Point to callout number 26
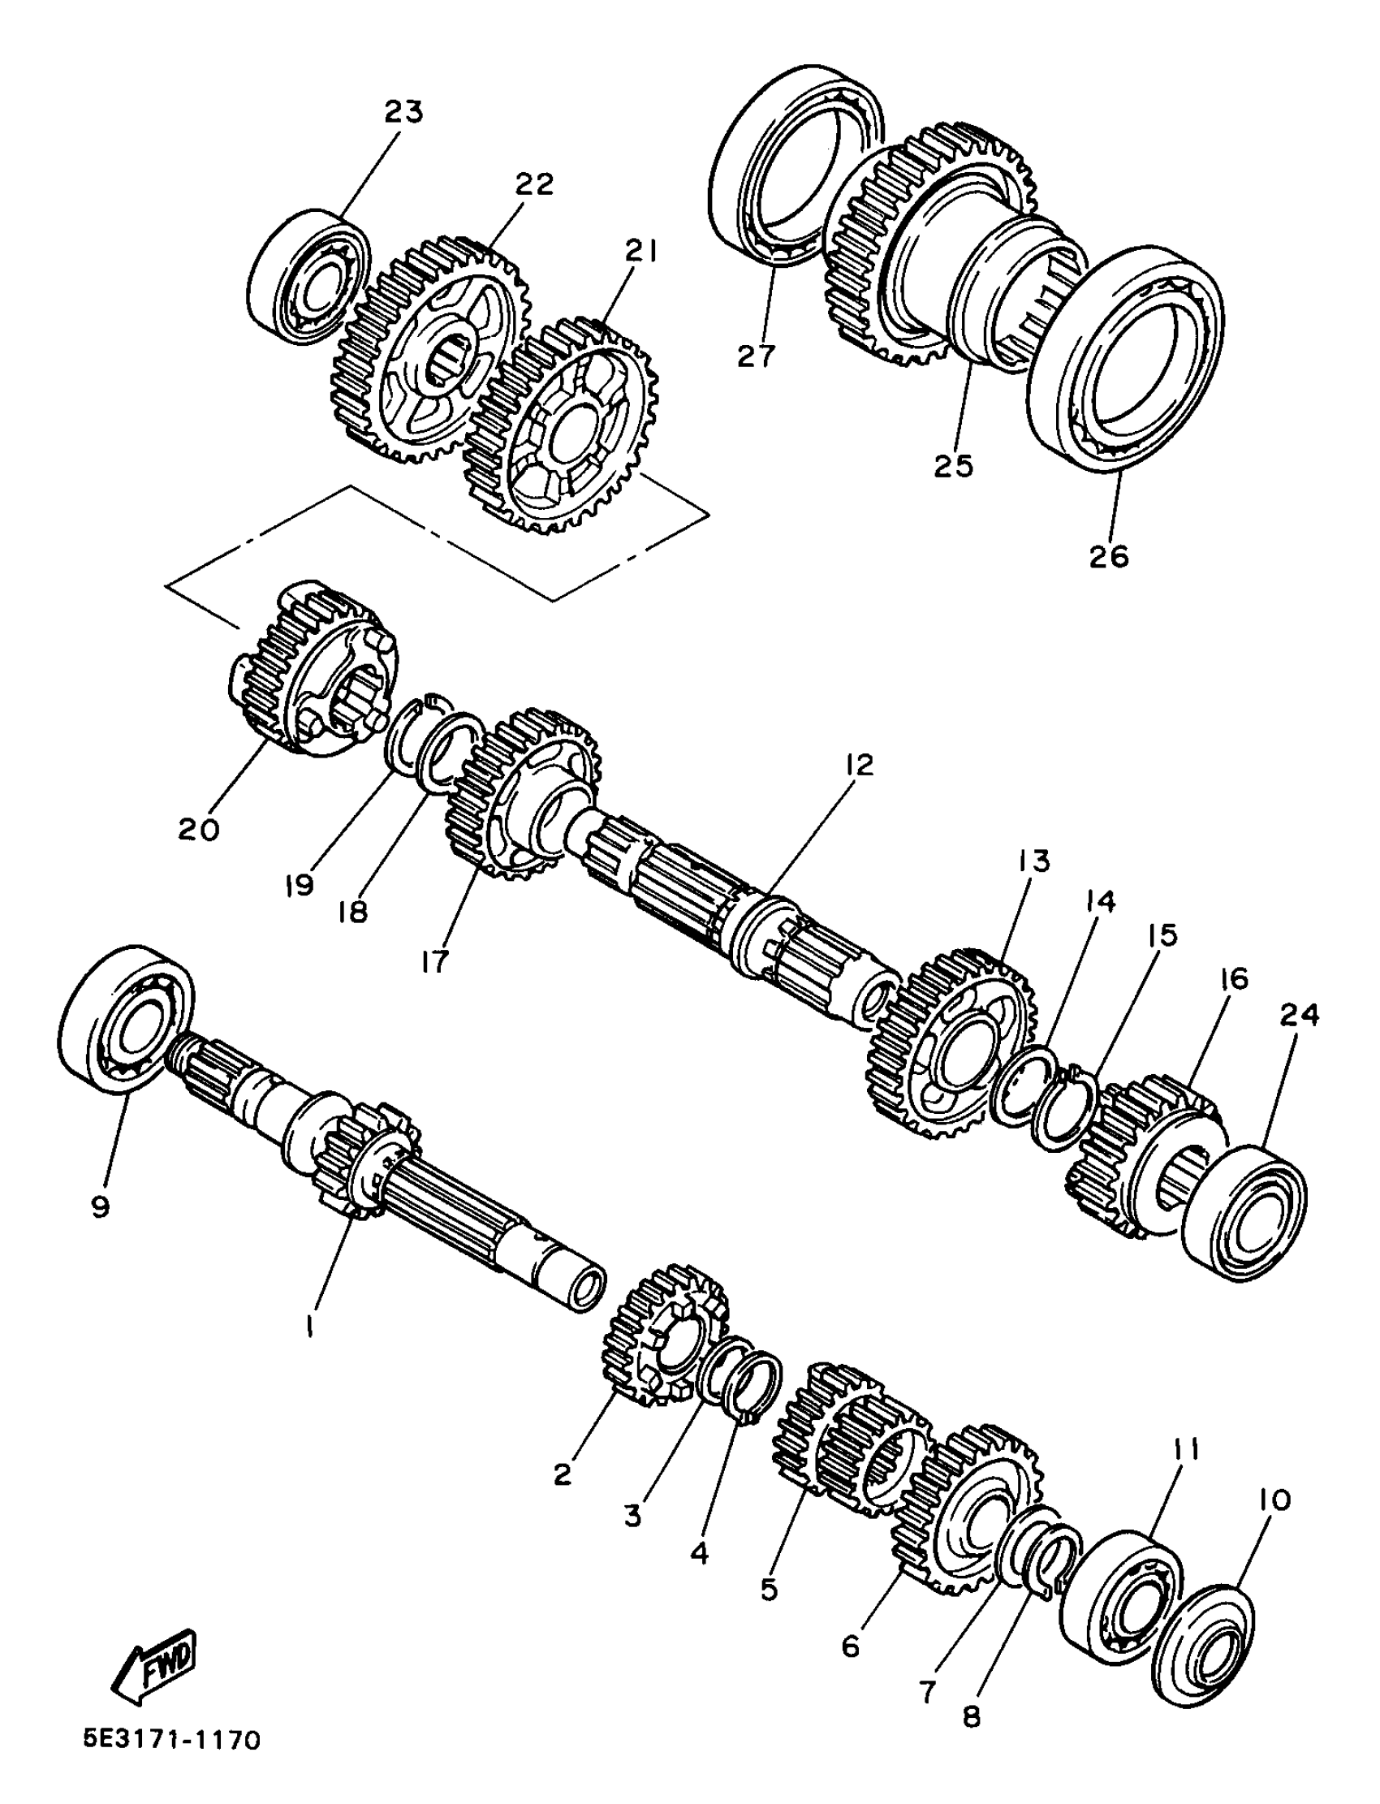click(1109, 556)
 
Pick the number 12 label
click(858, 766)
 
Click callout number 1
click(309, 1325)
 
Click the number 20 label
click(199, 830)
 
